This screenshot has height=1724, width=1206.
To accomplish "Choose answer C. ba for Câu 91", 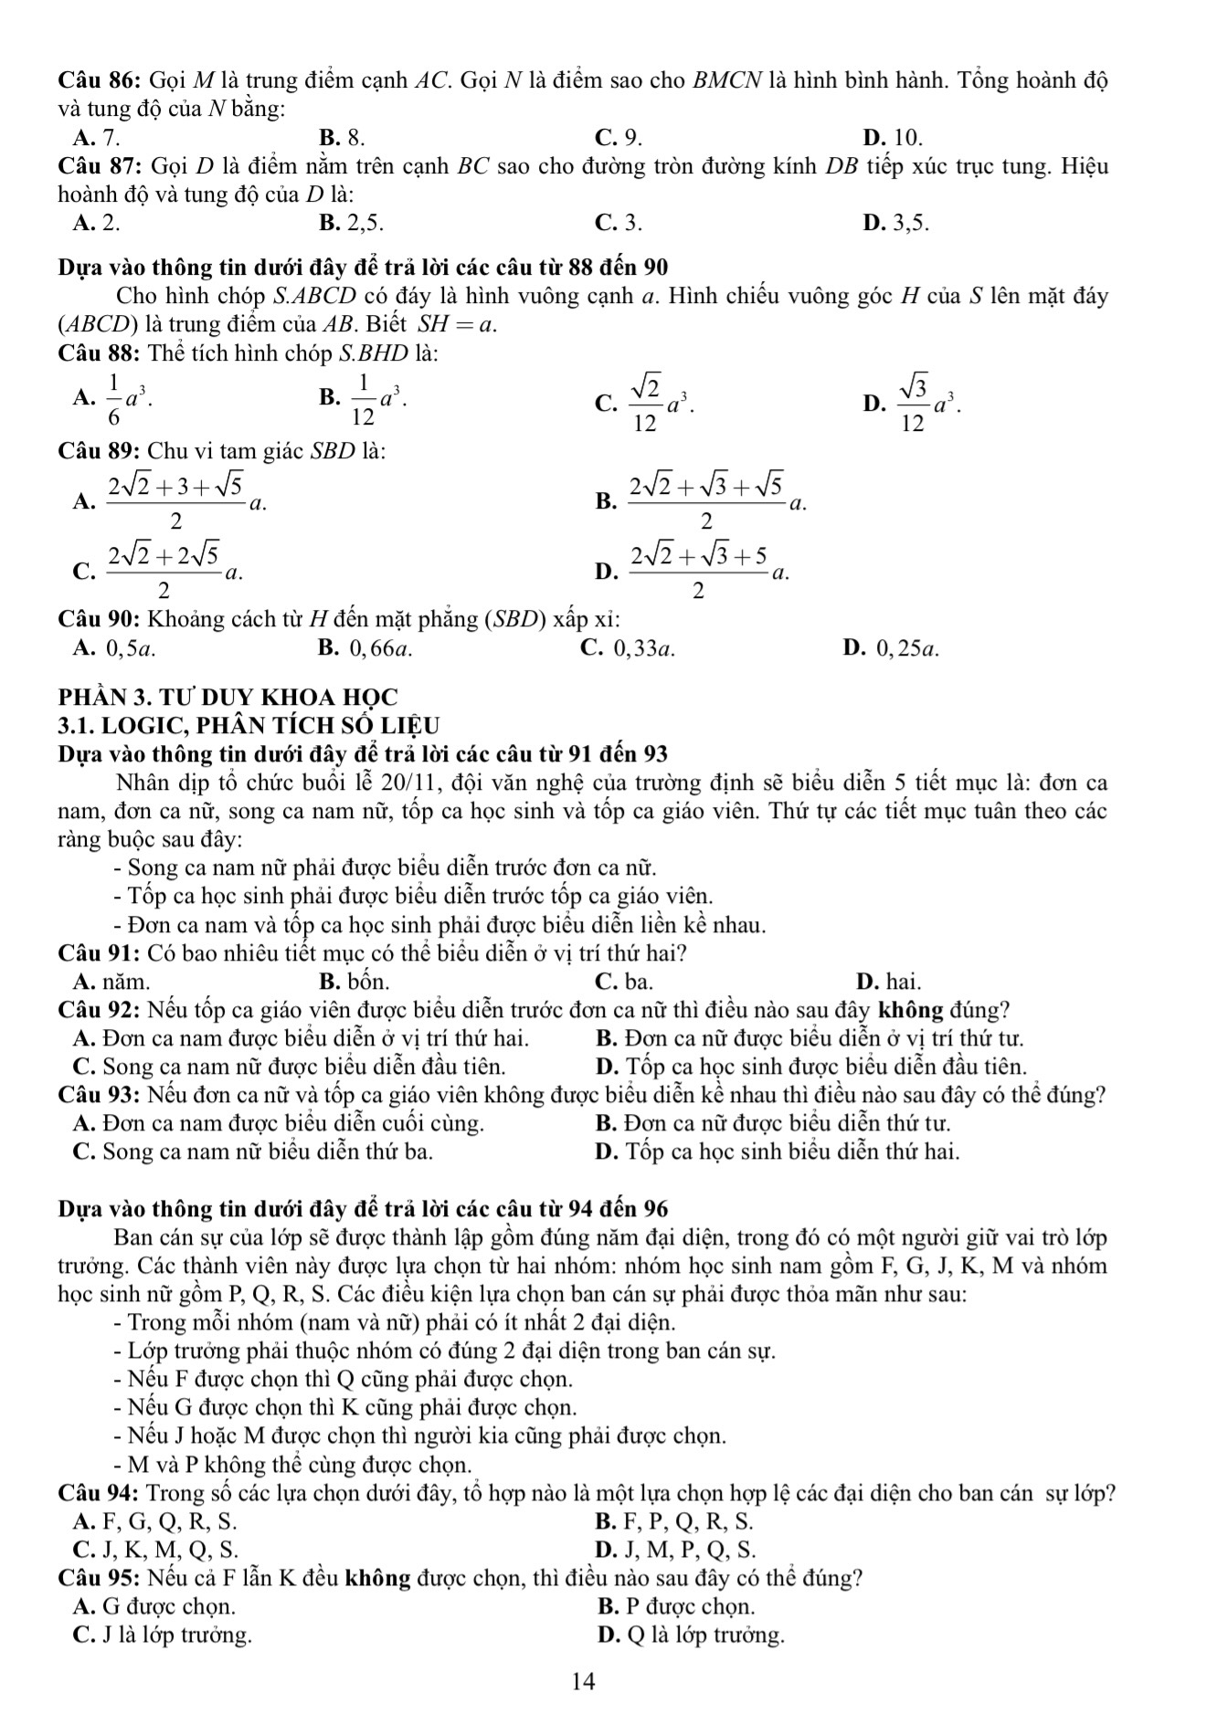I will (623, 982).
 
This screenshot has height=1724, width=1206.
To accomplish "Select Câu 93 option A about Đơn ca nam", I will (279, 1123).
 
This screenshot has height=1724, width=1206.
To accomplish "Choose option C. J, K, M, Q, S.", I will (155, 1549).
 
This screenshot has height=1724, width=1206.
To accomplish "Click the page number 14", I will (583, 1681).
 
